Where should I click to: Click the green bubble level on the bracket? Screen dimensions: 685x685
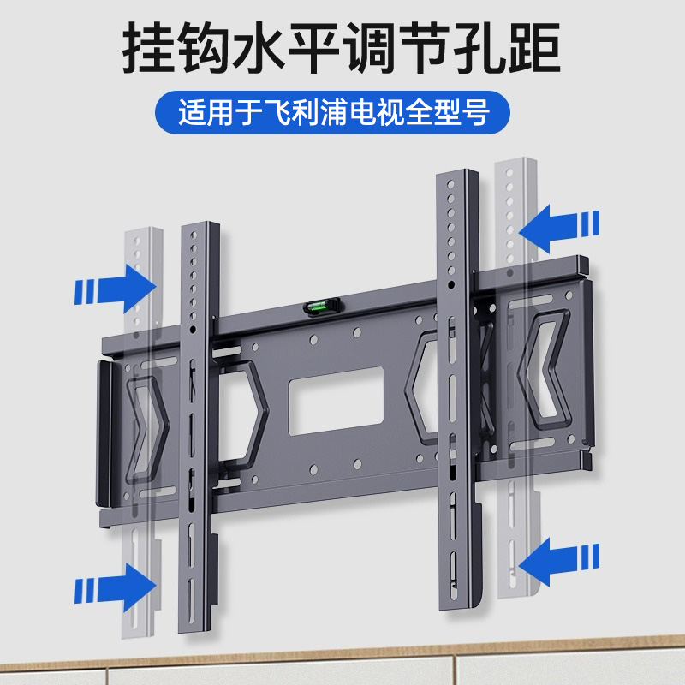(324, 303)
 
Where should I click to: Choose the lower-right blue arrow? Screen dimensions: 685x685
(560, 563)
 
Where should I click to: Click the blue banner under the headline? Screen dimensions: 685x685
(342, 112)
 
